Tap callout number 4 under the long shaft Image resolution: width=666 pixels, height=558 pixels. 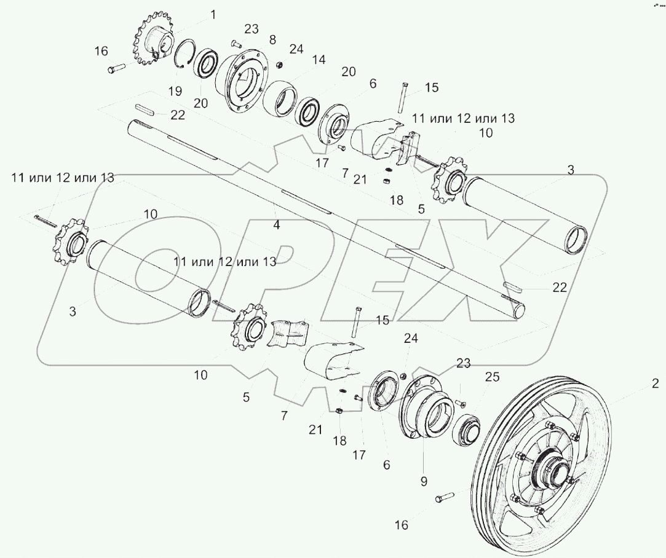277,225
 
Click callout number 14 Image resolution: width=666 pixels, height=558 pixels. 318,60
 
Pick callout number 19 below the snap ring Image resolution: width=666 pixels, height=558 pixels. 175,91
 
